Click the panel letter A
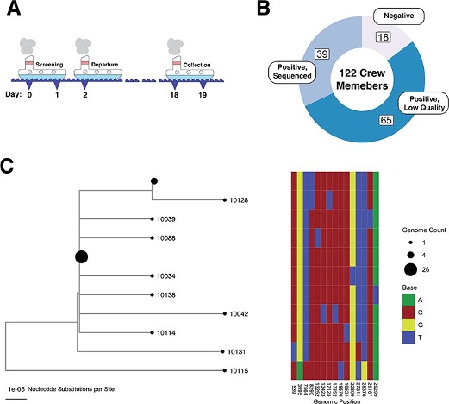coord(12,12)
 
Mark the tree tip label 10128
coord(236,200)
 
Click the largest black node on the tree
coord(81,256)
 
